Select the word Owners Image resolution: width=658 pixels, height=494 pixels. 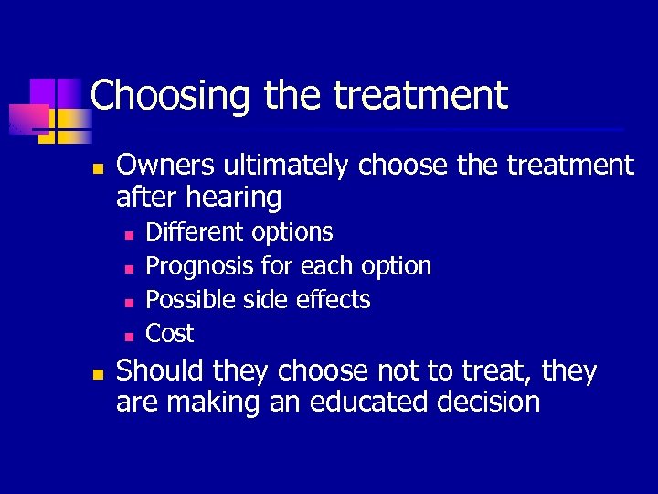(166, 166)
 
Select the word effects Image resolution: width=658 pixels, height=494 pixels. (338, 300)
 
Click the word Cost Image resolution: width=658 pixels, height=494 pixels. (170, 333)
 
